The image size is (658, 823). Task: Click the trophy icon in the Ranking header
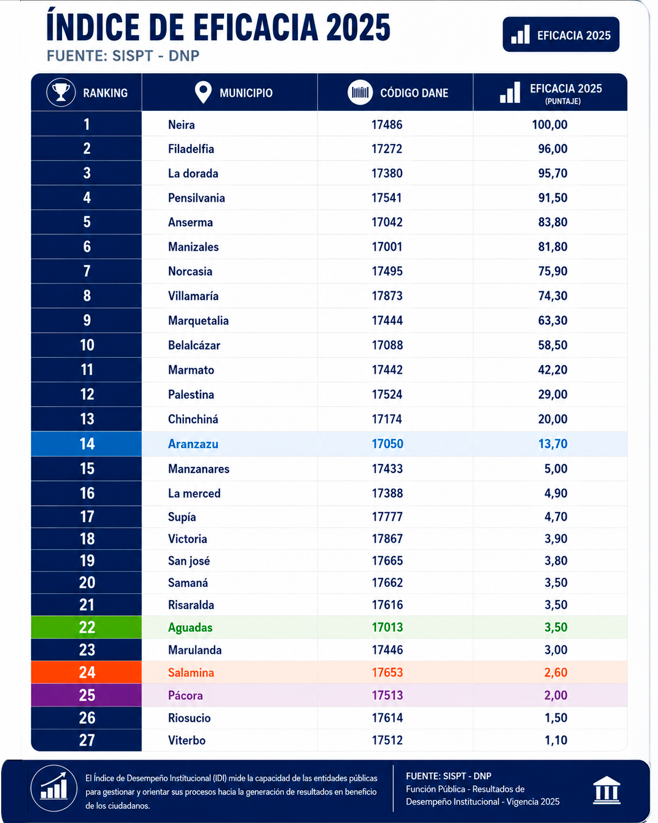61,92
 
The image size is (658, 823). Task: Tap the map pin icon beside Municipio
203,92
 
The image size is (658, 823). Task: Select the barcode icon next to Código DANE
360,92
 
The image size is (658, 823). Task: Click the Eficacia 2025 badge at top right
561,34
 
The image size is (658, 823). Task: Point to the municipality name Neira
181,125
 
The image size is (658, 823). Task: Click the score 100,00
550,125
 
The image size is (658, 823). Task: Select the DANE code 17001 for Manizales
387,247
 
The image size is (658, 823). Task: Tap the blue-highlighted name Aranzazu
193,444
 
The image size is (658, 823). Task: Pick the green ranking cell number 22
87,627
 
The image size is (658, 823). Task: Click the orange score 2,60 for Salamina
556,672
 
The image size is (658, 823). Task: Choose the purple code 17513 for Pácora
387,695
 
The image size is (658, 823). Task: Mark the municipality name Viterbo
186,740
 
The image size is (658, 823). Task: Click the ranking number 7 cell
87,271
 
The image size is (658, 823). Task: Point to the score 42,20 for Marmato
553,370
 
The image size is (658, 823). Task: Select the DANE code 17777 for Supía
387,517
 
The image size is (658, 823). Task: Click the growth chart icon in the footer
54,788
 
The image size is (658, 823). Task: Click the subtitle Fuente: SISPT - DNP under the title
123,56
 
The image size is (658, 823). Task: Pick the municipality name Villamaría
193,296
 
